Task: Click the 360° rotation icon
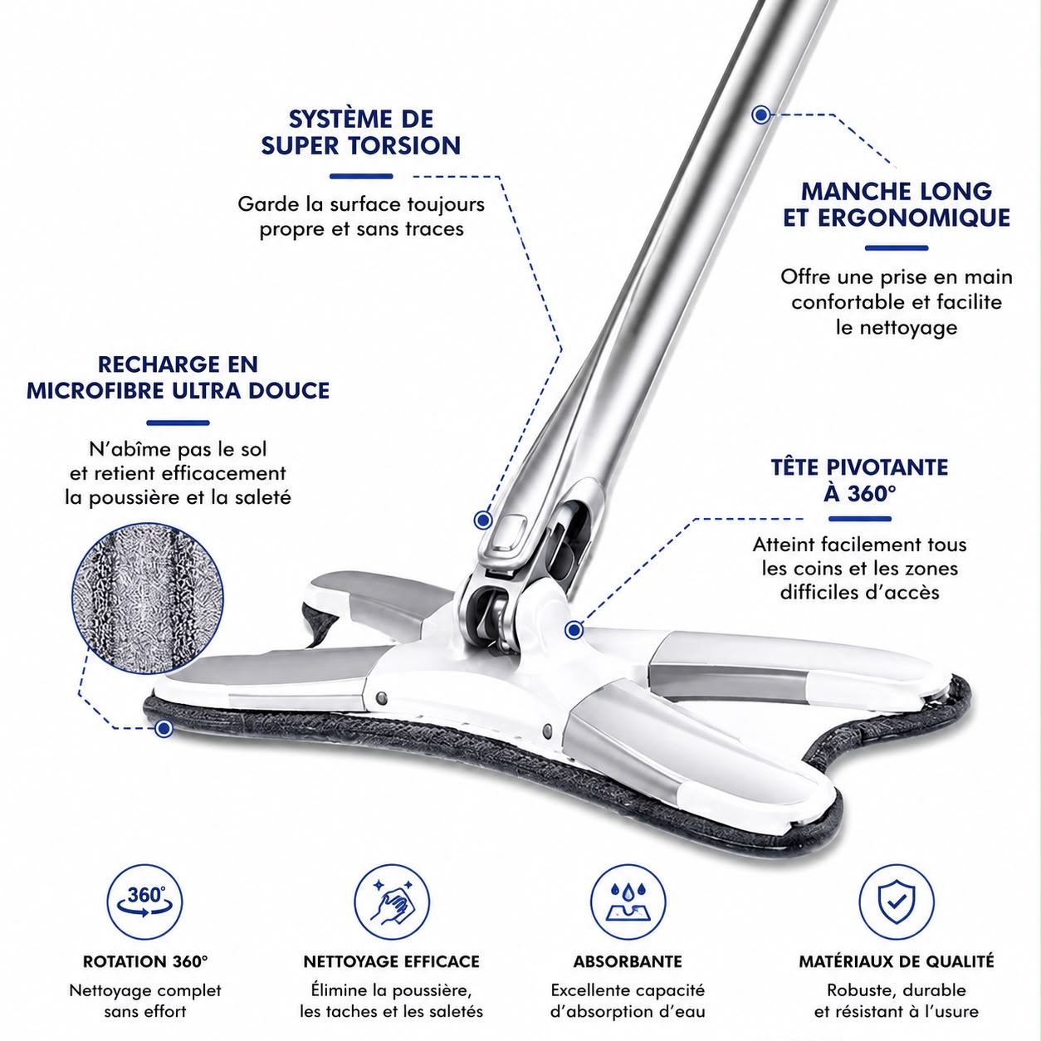[x=144, y=902]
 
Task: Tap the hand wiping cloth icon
[x=392, y=902]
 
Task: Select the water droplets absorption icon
[x=628, y=902]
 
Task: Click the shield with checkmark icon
[x=897, y=902]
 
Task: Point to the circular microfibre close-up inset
[x=147, y=598]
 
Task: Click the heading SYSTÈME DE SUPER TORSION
[x=361, y=132]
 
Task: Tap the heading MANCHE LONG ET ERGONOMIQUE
[x=897, y=205]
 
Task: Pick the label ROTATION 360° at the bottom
[x=145, y=961]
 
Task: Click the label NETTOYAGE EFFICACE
[x=392, y=961]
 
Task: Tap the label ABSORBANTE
[x=628, y=961]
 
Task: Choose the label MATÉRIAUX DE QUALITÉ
[x=897, y=961]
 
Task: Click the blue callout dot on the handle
[x=761, y=115]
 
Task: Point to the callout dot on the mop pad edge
[x=164, y=729]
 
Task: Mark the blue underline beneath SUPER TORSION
[x=361, y=176]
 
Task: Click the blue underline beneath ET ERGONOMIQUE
[x=897, y=248]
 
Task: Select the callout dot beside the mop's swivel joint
[x=574, y=630]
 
